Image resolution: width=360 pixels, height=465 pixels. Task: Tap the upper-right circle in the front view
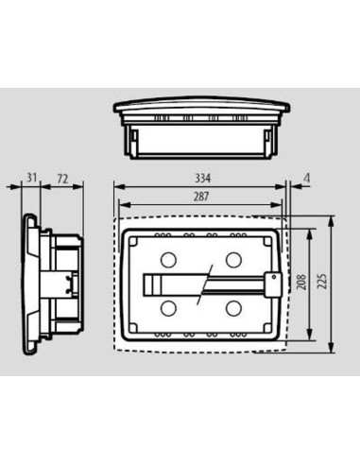point(233,259)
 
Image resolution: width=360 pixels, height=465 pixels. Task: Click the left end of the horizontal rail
point(147,284)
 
